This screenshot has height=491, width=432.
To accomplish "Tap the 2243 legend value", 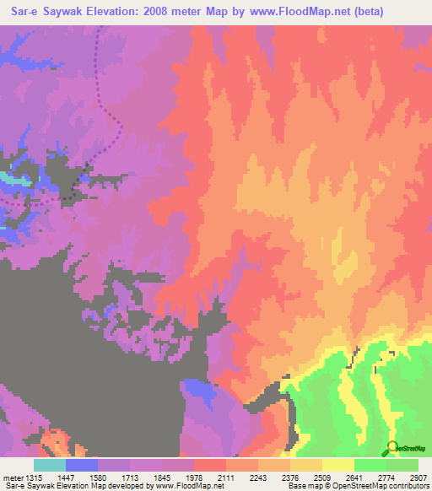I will [x=258, y=478].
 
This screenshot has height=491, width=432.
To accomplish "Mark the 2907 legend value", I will [x=417, y=478].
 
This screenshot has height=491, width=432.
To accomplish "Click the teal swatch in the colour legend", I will [x=50, y=465].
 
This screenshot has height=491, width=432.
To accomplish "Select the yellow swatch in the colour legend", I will [x=337, y=465].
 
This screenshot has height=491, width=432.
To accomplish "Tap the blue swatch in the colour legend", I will [x=82, y=465].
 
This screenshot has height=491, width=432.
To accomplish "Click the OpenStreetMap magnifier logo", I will [x=393, y=447].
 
